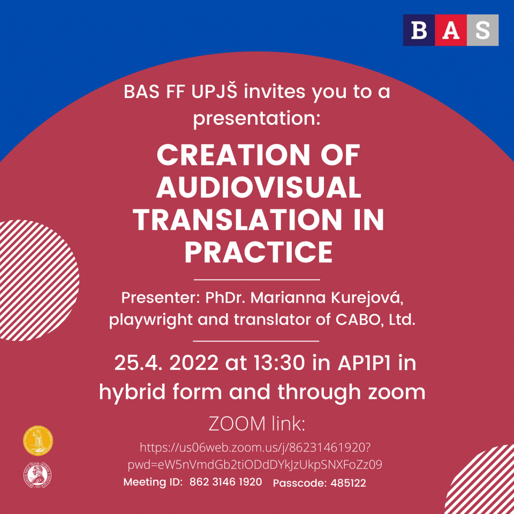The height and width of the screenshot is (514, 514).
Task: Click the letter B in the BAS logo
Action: pyautogui.click(x=419, y=30)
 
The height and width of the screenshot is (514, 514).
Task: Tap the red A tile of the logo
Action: pyautogui.click(x=451, y=30)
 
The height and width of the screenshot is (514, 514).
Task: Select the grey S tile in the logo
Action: pyautogui.click(x=482, y=30)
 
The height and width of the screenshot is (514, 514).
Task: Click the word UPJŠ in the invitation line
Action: pyautogui.click(x=214, y=92)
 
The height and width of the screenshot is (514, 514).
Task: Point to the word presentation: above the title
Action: pyautogui.click(x=256, y=119)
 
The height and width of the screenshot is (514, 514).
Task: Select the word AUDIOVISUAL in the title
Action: pyautogui.click(x=259, y=187)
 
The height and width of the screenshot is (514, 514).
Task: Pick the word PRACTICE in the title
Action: pyautogui.click(x=259, y=252)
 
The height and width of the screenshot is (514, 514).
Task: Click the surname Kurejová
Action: pyautogui.click(x=367, y=298)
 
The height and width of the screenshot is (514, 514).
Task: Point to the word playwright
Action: pyautogui.click(x=151, y=320)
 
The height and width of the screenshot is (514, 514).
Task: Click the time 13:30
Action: pyautogui.click(x=279, y=363)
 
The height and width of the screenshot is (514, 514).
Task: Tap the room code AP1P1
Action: pyautogui.click(x=364, y=363)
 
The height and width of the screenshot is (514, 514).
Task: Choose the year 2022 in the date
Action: pyautogui.click(x=194, y=363)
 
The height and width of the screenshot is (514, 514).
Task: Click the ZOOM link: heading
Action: pyautogui.click(x=257, y=424)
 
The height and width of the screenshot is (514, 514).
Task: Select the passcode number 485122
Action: pyautogui.click(x=348, y=483)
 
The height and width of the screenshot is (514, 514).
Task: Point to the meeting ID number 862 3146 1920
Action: pyautogui.click(x=226, y=482)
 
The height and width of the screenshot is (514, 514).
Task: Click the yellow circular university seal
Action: pyautogui.click(x=38, y=441)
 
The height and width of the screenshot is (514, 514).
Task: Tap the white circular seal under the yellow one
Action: pyautogui.click(x=37, y=475)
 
